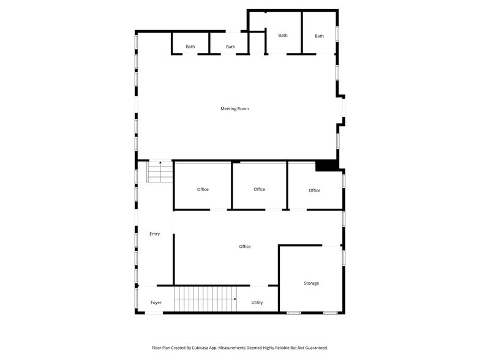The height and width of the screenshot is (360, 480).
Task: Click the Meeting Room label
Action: coord(234,109)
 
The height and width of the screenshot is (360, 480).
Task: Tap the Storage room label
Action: coord(311,283)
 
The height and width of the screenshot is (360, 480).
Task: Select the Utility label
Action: coord(257,302)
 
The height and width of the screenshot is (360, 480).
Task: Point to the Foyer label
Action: coord(156,302)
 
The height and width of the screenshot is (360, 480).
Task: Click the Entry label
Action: coord(154,234)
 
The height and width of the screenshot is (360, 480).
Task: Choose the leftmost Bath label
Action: coord(190,47)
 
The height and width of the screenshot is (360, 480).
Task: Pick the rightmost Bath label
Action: coord(319,36)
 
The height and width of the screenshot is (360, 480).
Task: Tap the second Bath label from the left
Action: coord(230,47)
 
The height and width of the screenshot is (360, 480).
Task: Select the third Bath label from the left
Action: coord(283,36)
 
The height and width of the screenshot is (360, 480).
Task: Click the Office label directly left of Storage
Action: coord(245,247)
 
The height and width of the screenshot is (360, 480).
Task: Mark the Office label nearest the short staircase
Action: coord(203,190)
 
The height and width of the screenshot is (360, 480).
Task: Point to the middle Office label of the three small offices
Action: coord(260,190)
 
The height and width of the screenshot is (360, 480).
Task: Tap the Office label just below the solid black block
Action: coord(314,190)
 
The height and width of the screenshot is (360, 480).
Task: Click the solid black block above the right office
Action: coord(326,166)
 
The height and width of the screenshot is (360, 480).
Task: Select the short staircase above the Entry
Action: coord(160,172)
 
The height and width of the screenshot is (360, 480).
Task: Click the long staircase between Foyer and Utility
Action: coord(205,299)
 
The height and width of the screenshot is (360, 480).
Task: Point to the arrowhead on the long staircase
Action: coord(235,299)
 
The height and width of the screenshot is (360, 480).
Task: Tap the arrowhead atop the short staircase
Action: coord(160,163)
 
